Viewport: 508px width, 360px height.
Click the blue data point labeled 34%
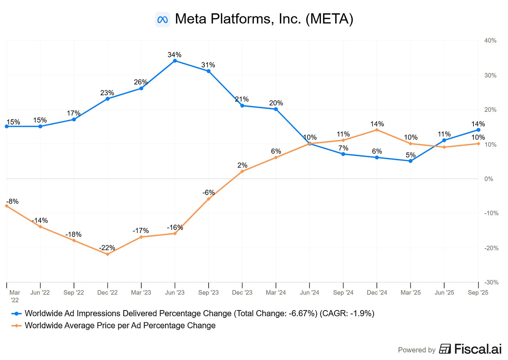coord(175,61)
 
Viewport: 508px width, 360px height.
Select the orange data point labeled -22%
coord(107,254)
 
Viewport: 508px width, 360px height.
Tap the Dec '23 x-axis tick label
coord(242,292)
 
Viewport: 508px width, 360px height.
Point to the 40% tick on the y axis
coord(490,40)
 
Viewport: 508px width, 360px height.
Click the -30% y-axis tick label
coord(490,282)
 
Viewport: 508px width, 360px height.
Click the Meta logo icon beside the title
coord(163,20)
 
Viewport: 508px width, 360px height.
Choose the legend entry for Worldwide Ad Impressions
coord(199,313)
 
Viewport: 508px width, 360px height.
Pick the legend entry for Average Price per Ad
coord(120,325)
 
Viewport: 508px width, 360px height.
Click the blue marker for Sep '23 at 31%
coord(209,71)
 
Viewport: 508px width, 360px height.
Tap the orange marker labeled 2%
coord(242,171)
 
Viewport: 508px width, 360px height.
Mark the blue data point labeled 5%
coord(411,161)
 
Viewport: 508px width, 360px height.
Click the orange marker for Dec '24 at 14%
coord(377,130)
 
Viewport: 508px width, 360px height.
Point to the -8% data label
coord(13,201)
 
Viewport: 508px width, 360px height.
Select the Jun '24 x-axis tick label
coord(309,292)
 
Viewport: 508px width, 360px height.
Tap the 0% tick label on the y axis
coord(489,179)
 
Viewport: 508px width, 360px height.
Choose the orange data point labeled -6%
coord(209,199)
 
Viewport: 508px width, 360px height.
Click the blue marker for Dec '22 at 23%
coord(107,99)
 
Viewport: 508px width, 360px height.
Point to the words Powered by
coord(417,350)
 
